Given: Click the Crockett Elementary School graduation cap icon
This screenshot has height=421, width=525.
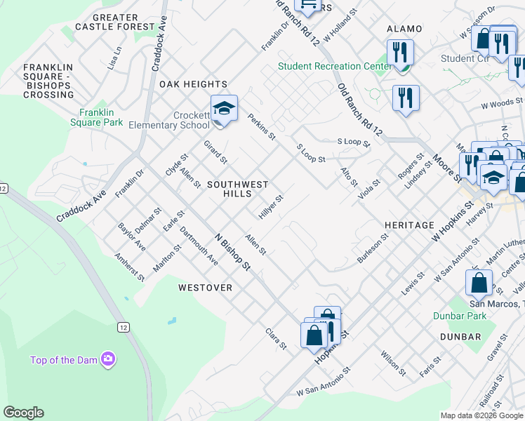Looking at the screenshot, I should [224, 109].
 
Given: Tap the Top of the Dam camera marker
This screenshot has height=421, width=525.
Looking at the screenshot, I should [107, 360].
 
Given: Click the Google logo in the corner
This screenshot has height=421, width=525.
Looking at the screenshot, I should [23, 413].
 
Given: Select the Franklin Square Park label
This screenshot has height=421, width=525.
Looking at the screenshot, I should [101, 117].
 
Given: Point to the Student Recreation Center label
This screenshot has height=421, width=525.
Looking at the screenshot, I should [335, 67].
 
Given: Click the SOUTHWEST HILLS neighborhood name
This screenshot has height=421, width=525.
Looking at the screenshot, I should [237, 189].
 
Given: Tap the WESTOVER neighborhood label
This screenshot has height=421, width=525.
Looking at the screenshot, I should [205, 288].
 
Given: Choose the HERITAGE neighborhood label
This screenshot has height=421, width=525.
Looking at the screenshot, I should [409, 225].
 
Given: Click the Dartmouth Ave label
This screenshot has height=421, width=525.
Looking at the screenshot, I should [199, 246].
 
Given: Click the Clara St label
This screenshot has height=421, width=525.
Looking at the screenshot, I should [276, 339].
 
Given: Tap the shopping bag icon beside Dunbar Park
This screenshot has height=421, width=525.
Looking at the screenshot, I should [479, 283].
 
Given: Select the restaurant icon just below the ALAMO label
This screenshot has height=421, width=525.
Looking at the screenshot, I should [400, 53].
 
